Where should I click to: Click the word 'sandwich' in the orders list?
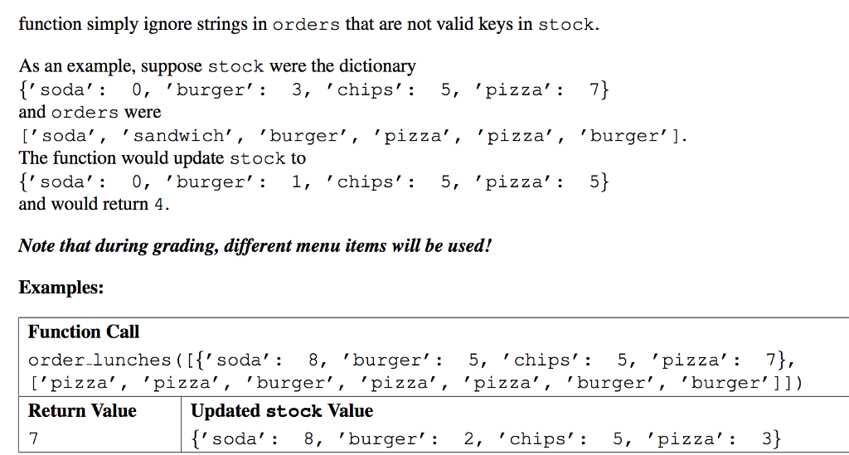point(178,136)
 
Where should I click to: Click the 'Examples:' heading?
point(61,288)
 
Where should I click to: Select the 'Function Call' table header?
point(84,332)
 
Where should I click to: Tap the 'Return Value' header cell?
point(82,410)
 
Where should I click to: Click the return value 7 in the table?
point(33,439)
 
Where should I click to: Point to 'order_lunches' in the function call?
point(99,361)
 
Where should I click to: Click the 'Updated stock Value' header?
point(282,410)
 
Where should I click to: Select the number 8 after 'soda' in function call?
point(313,361)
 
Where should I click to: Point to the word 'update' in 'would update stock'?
point(201,157)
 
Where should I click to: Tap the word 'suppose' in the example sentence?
point(173,66)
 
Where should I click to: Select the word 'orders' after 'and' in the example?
point(85,113)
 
